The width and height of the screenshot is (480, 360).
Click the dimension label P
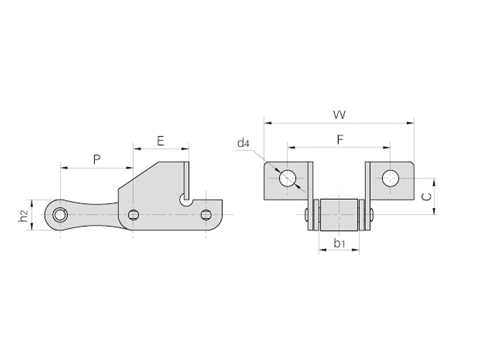coord(97,160)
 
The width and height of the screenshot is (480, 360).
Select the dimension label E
coord(160,141)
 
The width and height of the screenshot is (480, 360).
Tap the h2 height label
coord(24,216)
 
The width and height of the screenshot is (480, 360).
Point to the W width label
coord(339,115)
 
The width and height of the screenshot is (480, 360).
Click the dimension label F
coord(340,140)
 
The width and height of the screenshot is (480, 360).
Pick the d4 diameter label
coord(244,143)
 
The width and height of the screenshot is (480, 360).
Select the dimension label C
coord(426,197)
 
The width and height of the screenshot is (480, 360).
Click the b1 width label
coord(339,244)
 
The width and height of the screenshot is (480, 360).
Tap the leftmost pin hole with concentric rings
coord(59,215)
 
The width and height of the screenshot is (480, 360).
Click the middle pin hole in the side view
coord(133,215)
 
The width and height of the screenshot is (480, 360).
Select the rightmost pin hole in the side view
coord(206,215)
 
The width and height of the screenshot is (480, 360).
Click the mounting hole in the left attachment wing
coord(287,178)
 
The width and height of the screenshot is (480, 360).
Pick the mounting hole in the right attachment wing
coord(391,178)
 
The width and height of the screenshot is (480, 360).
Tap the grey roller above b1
coord(339,215)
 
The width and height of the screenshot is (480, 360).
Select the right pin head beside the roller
coord(371,215)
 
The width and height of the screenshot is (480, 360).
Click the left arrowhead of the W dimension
coord(268,123)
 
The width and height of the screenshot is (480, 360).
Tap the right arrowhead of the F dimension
coord(386,148)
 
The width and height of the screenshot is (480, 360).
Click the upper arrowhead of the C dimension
coord(434,182)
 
